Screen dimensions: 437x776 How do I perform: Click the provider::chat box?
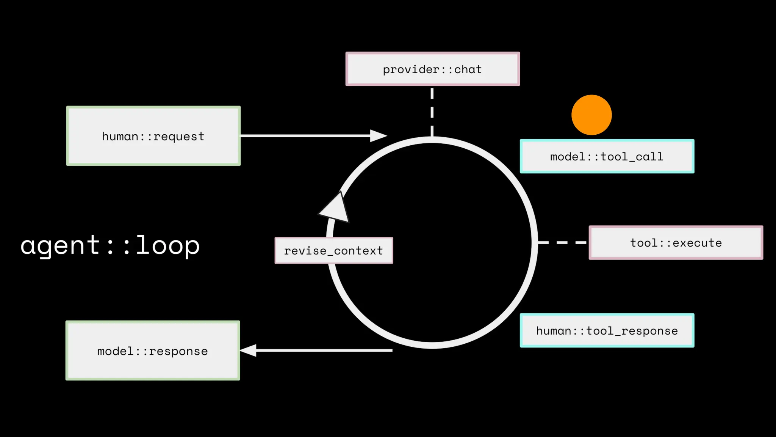coord(432,69)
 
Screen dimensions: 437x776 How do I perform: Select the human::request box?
coord(153,136)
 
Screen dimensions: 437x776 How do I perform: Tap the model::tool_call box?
coord(607,156)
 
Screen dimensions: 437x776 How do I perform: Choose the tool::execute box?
coord(676,243)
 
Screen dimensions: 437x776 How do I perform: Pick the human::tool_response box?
coord(607,330)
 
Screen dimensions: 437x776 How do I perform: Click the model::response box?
coord(153,351)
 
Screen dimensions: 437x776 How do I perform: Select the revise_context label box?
coord(334,250)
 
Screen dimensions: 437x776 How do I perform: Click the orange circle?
coord(591,115)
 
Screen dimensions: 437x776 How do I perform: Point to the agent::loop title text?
coord(110,245)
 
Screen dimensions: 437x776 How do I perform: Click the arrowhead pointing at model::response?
coord(249,351)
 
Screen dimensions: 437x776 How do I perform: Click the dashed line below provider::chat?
coord(432,112)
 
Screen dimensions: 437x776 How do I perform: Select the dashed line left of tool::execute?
coord(562,242)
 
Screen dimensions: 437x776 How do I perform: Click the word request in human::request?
coord(179,137)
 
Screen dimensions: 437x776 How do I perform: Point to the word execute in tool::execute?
coord(697,243)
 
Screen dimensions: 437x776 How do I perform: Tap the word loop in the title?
coord(167,245)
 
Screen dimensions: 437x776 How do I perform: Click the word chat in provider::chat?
coord(468,69)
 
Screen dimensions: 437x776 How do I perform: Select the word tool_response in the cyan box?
coord(632,331)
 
